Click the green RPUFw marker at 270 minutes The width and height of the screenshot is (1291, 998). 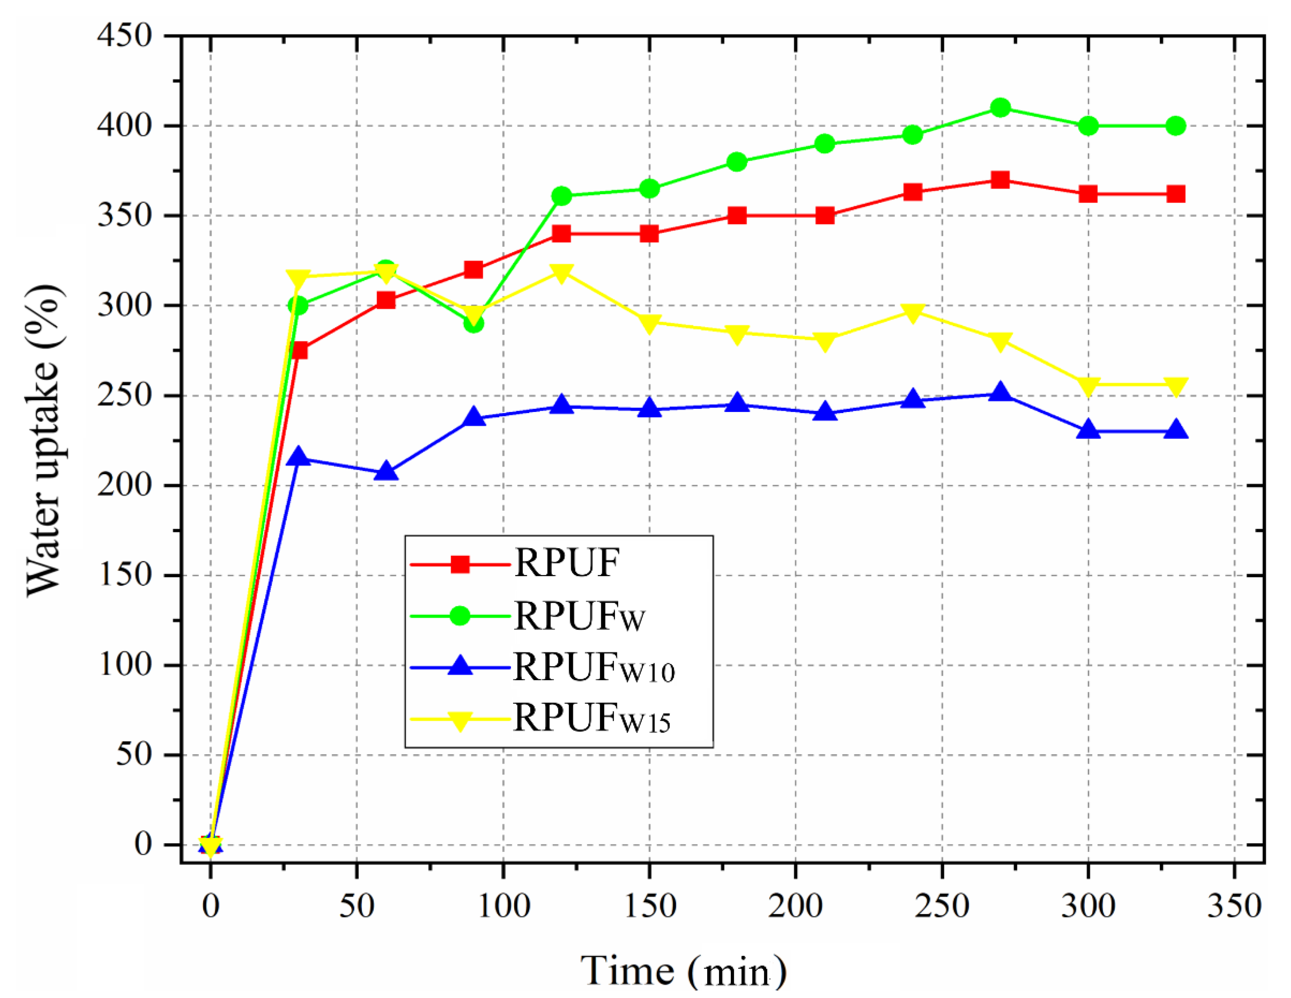pos(1000,108)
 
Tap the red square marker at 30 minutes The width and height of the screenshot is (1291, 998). pos(298,350)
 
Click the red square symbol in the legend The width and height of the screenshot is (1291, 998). pos(460,564)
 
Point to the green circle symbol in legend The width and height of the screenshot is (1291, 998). pos(460,616)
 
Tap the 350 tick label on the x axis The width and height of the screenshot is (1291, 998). pos(1234,906)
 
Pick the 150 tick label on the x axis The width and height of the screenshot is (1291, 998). pos(650,906)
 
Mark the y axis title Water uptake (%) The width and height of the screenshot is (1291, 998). pos(44,440)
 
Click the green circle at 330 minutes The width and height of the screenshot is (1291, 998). pos(1176,126)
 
